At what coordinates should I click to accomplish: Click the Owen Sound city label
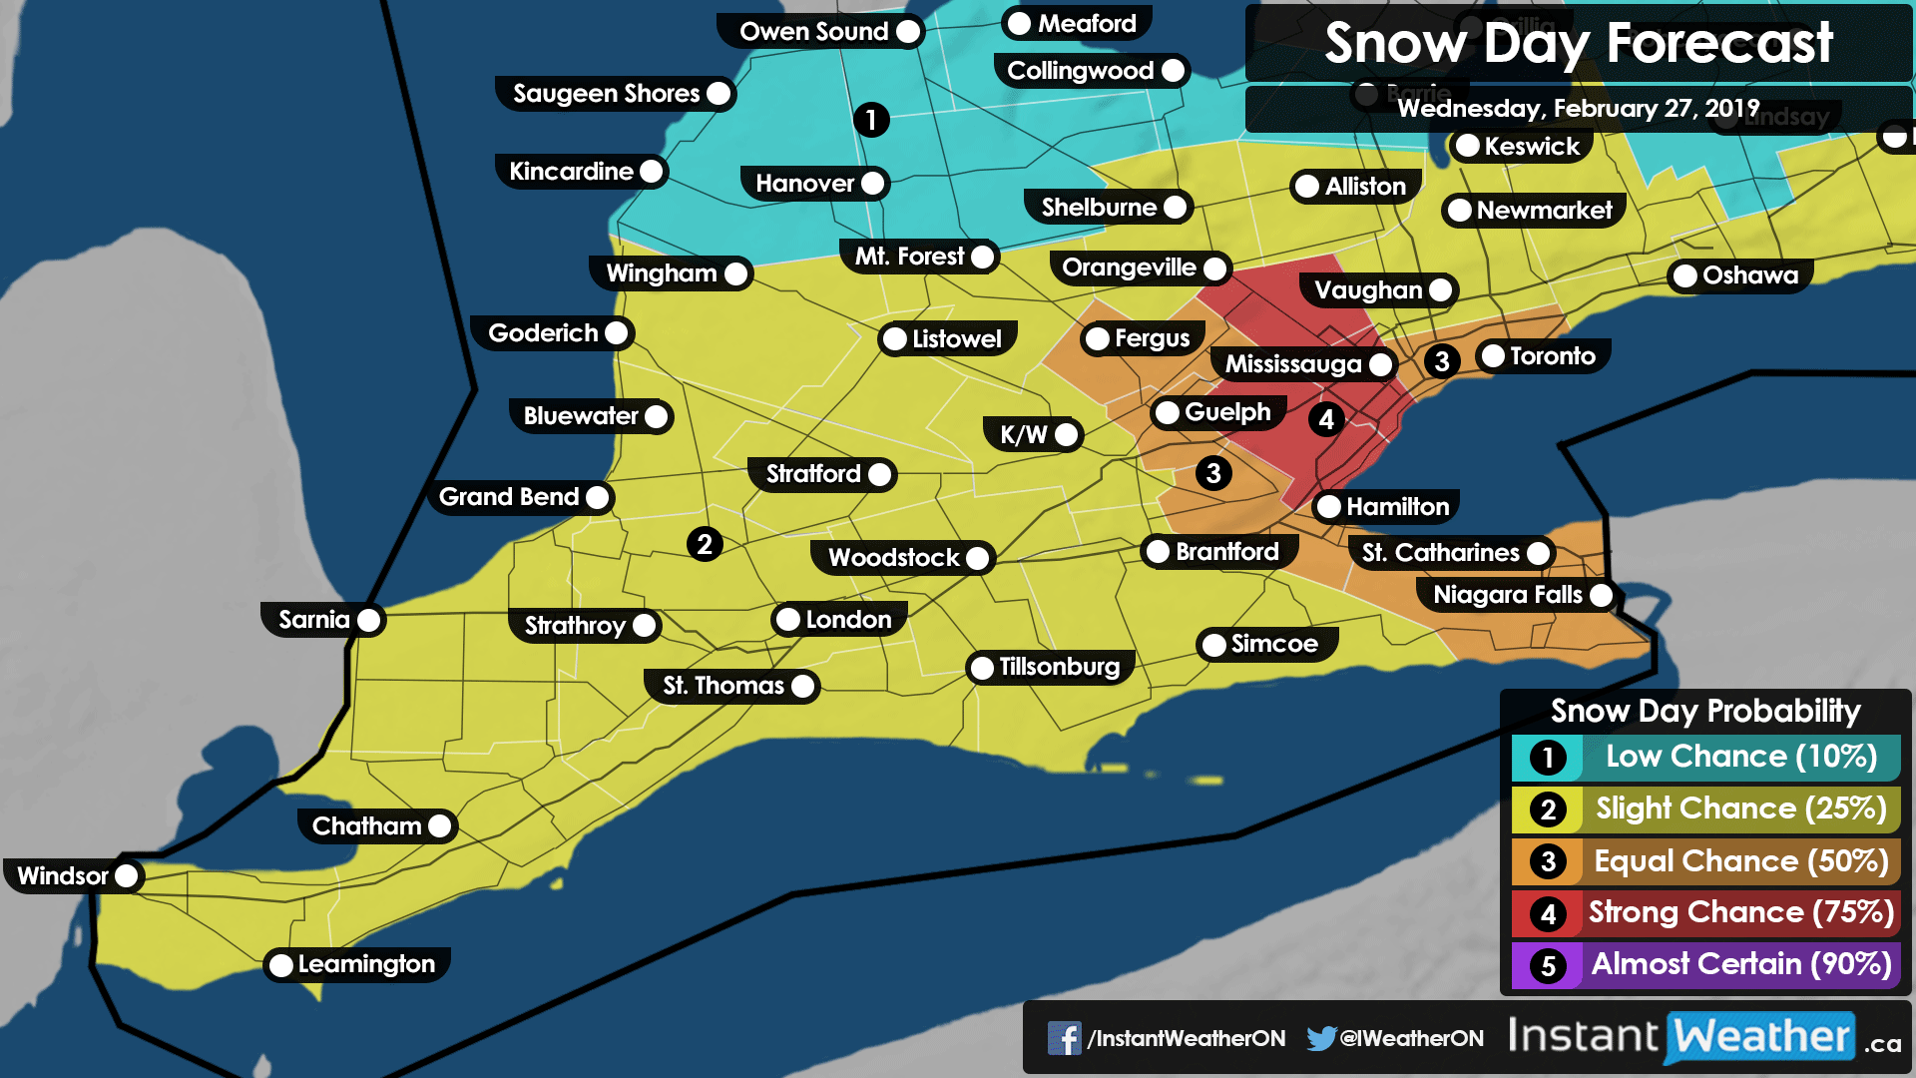pos(814,32)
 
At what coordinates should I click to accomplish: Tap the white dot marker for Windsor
pos(127,876)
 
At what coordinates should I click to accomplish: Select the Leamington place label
pos(366,964)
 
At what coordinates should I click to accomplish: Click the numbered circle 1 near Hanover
pos(870,120)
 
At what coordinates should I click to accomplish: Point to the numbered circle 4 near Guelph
pos(1325,419)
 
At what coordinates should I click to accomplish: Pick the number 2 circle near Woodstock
pos(705,544)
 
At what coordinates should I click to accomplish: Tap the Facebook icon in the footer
pos(1064,1038)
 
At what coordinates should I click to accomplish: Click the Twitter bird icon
pos(1321,1038)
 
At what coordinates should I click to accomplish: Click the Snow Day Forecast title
pos(1579,44)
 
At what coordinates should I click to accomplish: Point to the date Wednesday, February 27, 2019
pos(1578,108)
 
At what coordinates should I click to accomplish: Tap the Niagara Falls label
pos(1507,595)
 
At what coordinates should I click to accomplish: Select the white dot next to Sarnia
pos(369,620)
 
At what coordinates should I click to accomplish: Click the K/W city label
pos(1024,434)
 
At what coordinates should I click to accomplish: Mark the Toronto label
pos(1552,356)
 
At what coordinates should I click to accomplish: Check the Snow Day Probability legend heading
pos(1705,711)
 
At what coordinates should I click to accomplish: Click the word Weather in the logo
pos(1761,1036)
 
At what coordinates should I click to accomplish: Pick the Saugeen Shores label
pos(606,94)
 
